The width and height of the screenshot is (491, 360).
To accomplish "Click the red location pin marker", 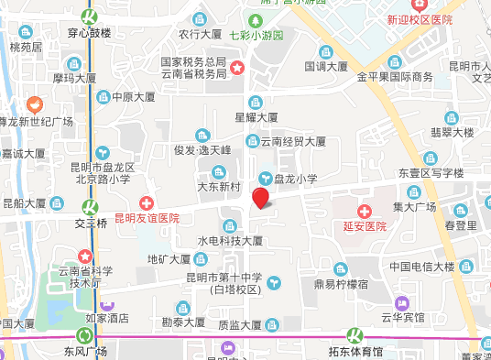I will point(261,197).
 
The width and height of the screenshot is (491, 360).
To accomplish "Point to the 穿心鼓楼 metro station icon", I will point(90,16).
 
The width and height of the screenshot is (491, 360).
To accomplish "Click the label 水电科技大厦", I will point(230,241).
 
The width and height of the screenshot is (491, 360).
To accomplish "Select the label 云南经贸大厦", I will point(293,141).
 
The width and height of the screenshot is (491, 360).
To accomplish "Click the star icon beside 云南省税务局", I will point(237,68).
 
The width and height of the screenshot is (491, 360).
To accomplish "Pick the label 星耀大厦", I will point(256,117).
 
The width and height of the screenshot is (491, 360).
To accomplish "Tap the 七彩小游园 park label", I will point(256,36).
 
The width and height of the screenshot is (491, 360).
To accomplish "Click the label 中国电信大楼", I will point(421,267).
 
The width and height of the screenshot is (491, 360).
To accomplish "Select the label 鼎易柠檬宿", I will point(341,285).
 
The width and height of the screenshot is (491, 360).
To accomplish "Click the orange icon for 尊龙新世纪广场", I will point(35,104).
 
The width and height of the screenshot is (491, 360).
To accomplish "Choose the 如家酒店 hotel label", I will point(107,320).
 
